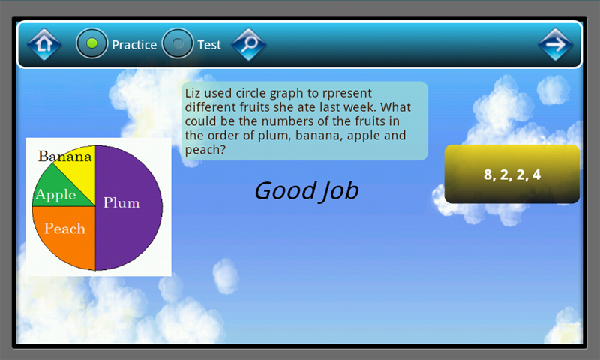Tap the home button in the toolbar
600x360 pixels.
(44, 44)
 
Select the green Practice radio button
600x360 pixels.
(92, 44)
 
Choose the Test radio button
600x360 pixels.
(178, 44)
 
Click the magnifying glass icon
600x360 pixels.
(249, 44)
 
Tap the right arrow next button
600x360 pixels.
(556, 44)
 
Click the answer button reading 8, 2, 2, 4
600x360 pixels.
(512, 175)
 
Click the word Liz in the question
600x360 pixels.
(193, 93)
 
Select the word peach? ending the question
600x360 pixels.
(205, 150)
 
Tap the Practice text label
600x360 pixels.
(134, 45)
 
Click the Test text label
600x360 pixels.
(209, 45)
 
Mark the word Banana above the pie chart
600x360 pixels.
(65, 157)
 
